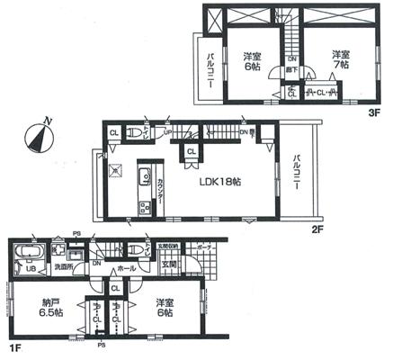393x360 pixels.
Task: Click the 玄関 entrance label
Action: (169, 264)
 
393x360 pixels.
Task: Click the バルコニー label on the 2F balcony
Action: (297, 171)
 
